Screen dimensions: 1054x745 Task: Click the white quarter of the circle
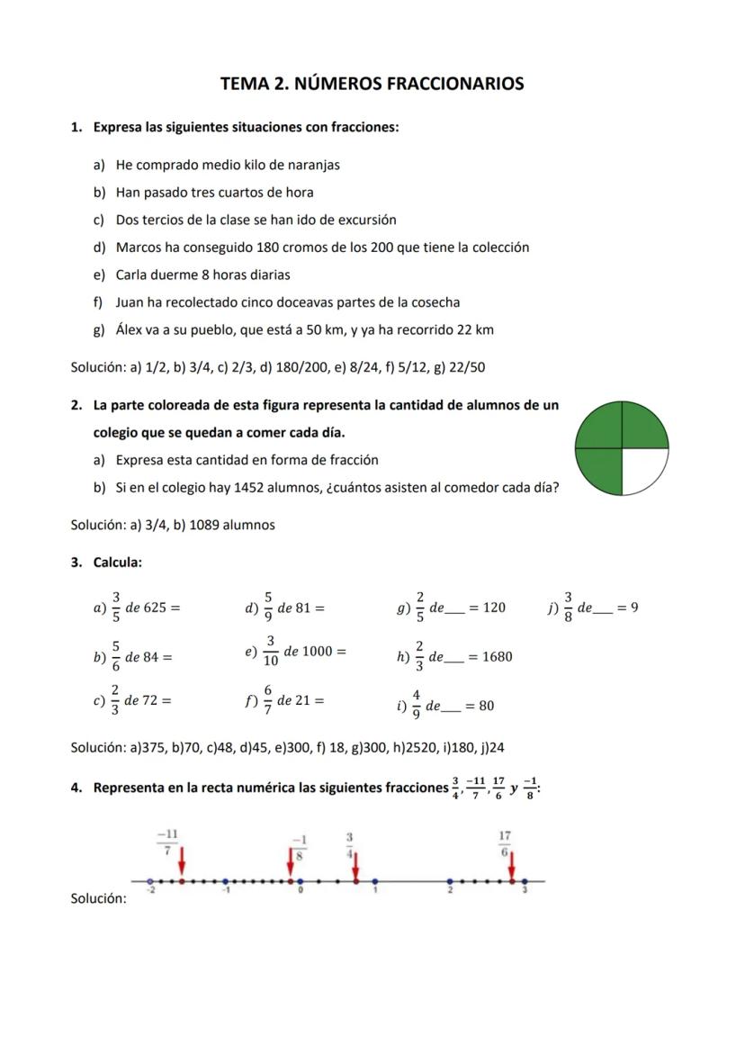click(x=643, y=469)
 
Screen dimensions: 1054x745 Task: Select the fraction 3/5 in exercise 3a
click(x=116, y=608)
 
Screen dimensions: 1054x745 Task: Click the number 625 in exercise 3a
click(x=156, y=608)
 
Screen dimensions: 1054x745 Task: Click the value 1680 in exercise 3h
click(x=497, y=657)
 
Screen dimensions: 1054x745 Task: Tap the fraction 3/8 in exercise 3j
click(x=568, y=608)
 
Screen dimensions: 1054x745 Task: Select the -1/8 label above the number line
click(x=301, y=847)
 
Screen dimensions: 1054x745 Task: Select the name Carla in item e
click(x=133, y=275)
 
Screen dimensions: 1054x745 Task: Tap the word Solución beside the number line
click(x=98, y=899)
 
